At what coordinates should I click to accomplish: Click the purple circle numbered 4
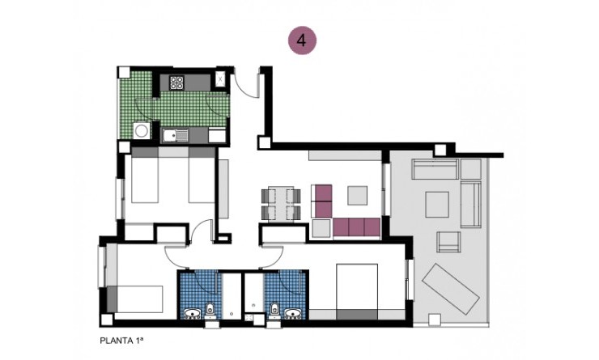pyautogui.click(x=303, y=41)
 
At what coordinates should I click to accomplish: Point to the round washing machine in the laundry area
pyautogui.click(x=142, y=130)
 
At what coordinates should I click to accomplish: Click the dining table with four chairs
pyautogui.click(x=282, y=203)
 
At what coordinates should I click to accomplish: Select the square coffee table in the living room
pyautogui.click(x=357, y=195)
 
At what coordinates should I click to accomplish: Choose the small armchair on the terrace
pyautogui.click(x=448, y=241)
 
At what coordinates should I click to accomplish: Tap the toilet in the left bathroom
pyautogui.click(x=210, y=308)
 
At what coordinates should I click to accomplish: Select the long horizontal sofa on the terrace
pyautogui.click(x=435, y=169)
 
